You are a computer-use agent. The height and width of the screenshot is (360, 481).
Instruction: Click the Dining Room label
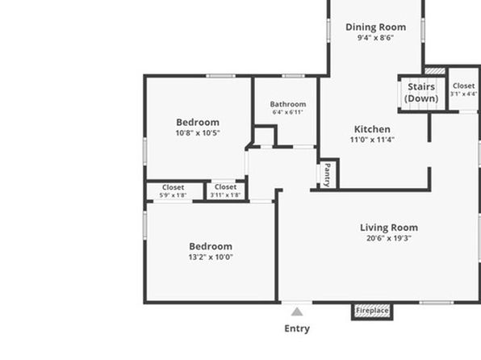click(376, 27)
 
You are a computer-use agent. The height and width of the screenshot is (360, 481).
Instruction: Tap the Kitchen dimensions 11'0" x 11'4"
click(372, 140)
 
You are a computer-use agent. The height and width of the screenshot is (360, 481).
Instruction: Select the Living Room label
click(389, 228)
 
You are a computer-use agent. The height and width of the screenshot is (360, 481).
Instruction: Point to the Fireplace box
click(372, 312)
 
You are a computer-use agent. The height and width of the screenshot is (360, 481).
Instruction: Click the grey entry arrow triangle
click(297, 312)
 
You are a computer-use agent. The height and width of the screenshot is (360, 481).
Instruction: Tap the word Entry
click(297, 329)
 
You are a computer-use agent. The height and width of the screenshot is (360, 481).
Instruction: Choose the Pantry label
click(328, 175)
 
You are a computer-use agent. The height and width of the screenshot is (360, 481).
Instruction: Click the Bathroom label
click(288, 104)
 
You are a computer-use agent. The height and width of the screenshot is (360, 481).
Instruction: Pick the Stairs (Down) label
click(421, 92)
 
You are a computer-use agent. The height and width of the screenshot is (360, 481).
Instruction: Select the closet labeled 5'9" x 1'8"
click(173, 190)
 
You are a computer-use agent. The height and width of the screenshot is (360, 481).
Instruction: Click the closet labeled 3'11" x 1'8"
click(225, 190)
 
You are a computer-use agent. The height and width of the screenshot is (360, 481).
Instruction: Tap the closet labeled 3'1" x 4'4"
click(463, 90)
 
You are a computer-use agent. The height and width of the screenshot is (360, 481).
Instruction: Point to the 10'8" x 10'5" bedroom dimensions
click(198, 133)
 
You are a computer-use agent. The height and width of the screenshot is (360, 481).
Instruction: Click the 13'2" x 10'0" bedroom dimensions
click(211, 257)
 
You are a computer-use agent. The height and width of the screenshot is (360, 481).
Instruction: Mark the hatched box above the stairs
click(435, 71)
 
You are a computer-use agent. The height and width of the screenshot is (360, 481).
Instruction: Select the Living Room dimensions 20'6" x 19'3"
click(389, 238)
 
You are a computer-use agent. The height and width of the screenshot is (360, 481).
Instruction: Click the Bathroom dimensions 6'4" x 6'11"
click(288, 112)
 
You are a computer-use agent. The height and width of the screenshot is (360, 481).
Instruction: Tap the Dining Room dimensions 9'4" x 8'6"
click(375, 38)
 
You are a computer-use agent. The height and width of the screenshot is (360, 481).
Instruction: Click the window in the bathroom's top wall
click(293, 76)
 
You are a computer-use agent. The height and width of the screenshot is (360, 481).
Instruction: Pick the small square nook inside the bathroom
click(265, 136)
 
